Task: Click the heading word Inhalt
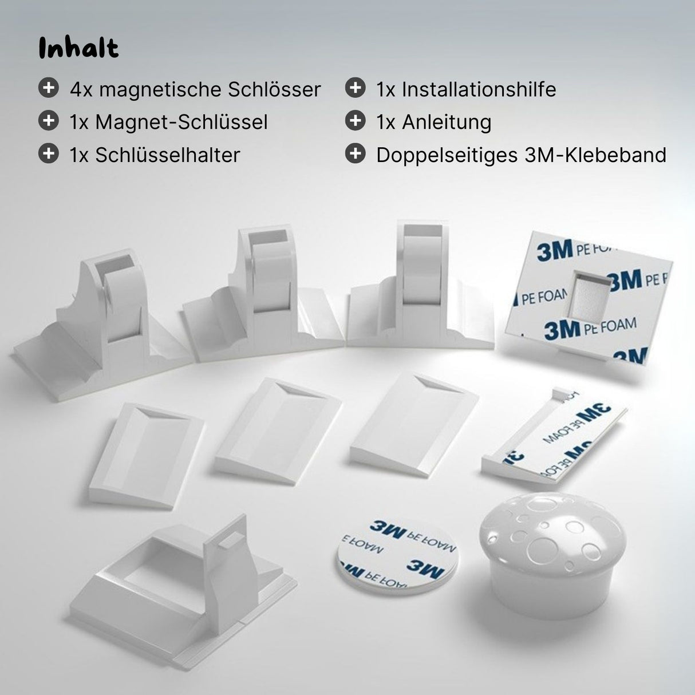(78, 49)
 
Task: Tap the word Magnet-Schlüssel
(181, 123)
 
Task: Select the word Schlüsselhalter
(168, 155)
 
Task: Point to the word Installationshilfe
(479, 90)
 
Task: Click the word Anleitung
(447, 123)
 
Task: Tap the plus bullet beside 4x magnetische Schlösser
(49, 89)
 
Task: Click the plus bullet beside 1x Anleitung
(356, 121)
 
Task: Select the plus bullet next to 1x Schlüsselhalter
(49, 154)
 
